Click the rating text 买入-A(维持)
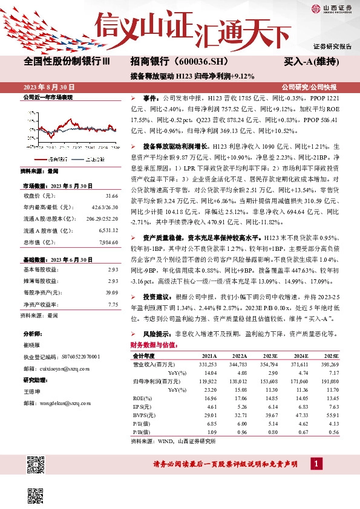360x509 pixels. pos(319,62)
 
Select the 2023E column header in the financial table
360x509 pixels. pos(270,356)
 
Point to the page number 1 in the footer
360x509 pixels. pos(316,464)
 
